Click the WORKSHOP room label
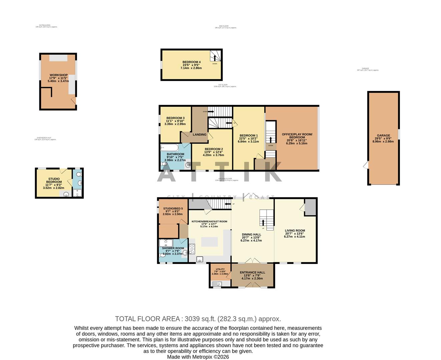pyautogui.click(x=58, y=75)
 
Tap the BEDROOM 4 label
pyautogui.click(x=191, y=62)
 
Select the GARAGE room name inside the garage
pyautogui.click(x=383, y=136)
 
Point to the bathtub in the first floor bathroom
pyautogui.click(x=169, y=148)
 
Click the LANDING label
pyautogui.click(x=199, y=135)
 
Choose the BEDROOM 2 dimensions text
pyautogui.click(x=213, y=155)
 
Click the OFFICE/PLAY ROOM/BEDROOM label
pyautogui.click(x=297, y=136)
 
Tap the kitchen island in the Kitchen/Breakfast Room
pyautogui.click(x=208, y=241)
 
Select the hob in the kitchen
pyautogui.click(x=192, y=249)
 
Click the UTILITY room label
pyautogui.click(x=220, y=269)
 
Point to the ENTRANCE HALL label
pyautogui.click(x=253, y=272)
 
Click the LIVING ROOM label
pyautogui.click(x=295, y=230)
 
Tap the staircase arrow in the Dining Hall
pyautogui.click(x=264, y=223)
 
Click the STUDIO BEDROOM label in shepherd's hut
pyautogui.click(x=54, y=180)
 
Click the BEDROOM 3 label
pyautogui.click(x=175, y=118)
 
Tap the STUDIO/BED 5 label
pyautogui.click(x=173, y=208)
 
